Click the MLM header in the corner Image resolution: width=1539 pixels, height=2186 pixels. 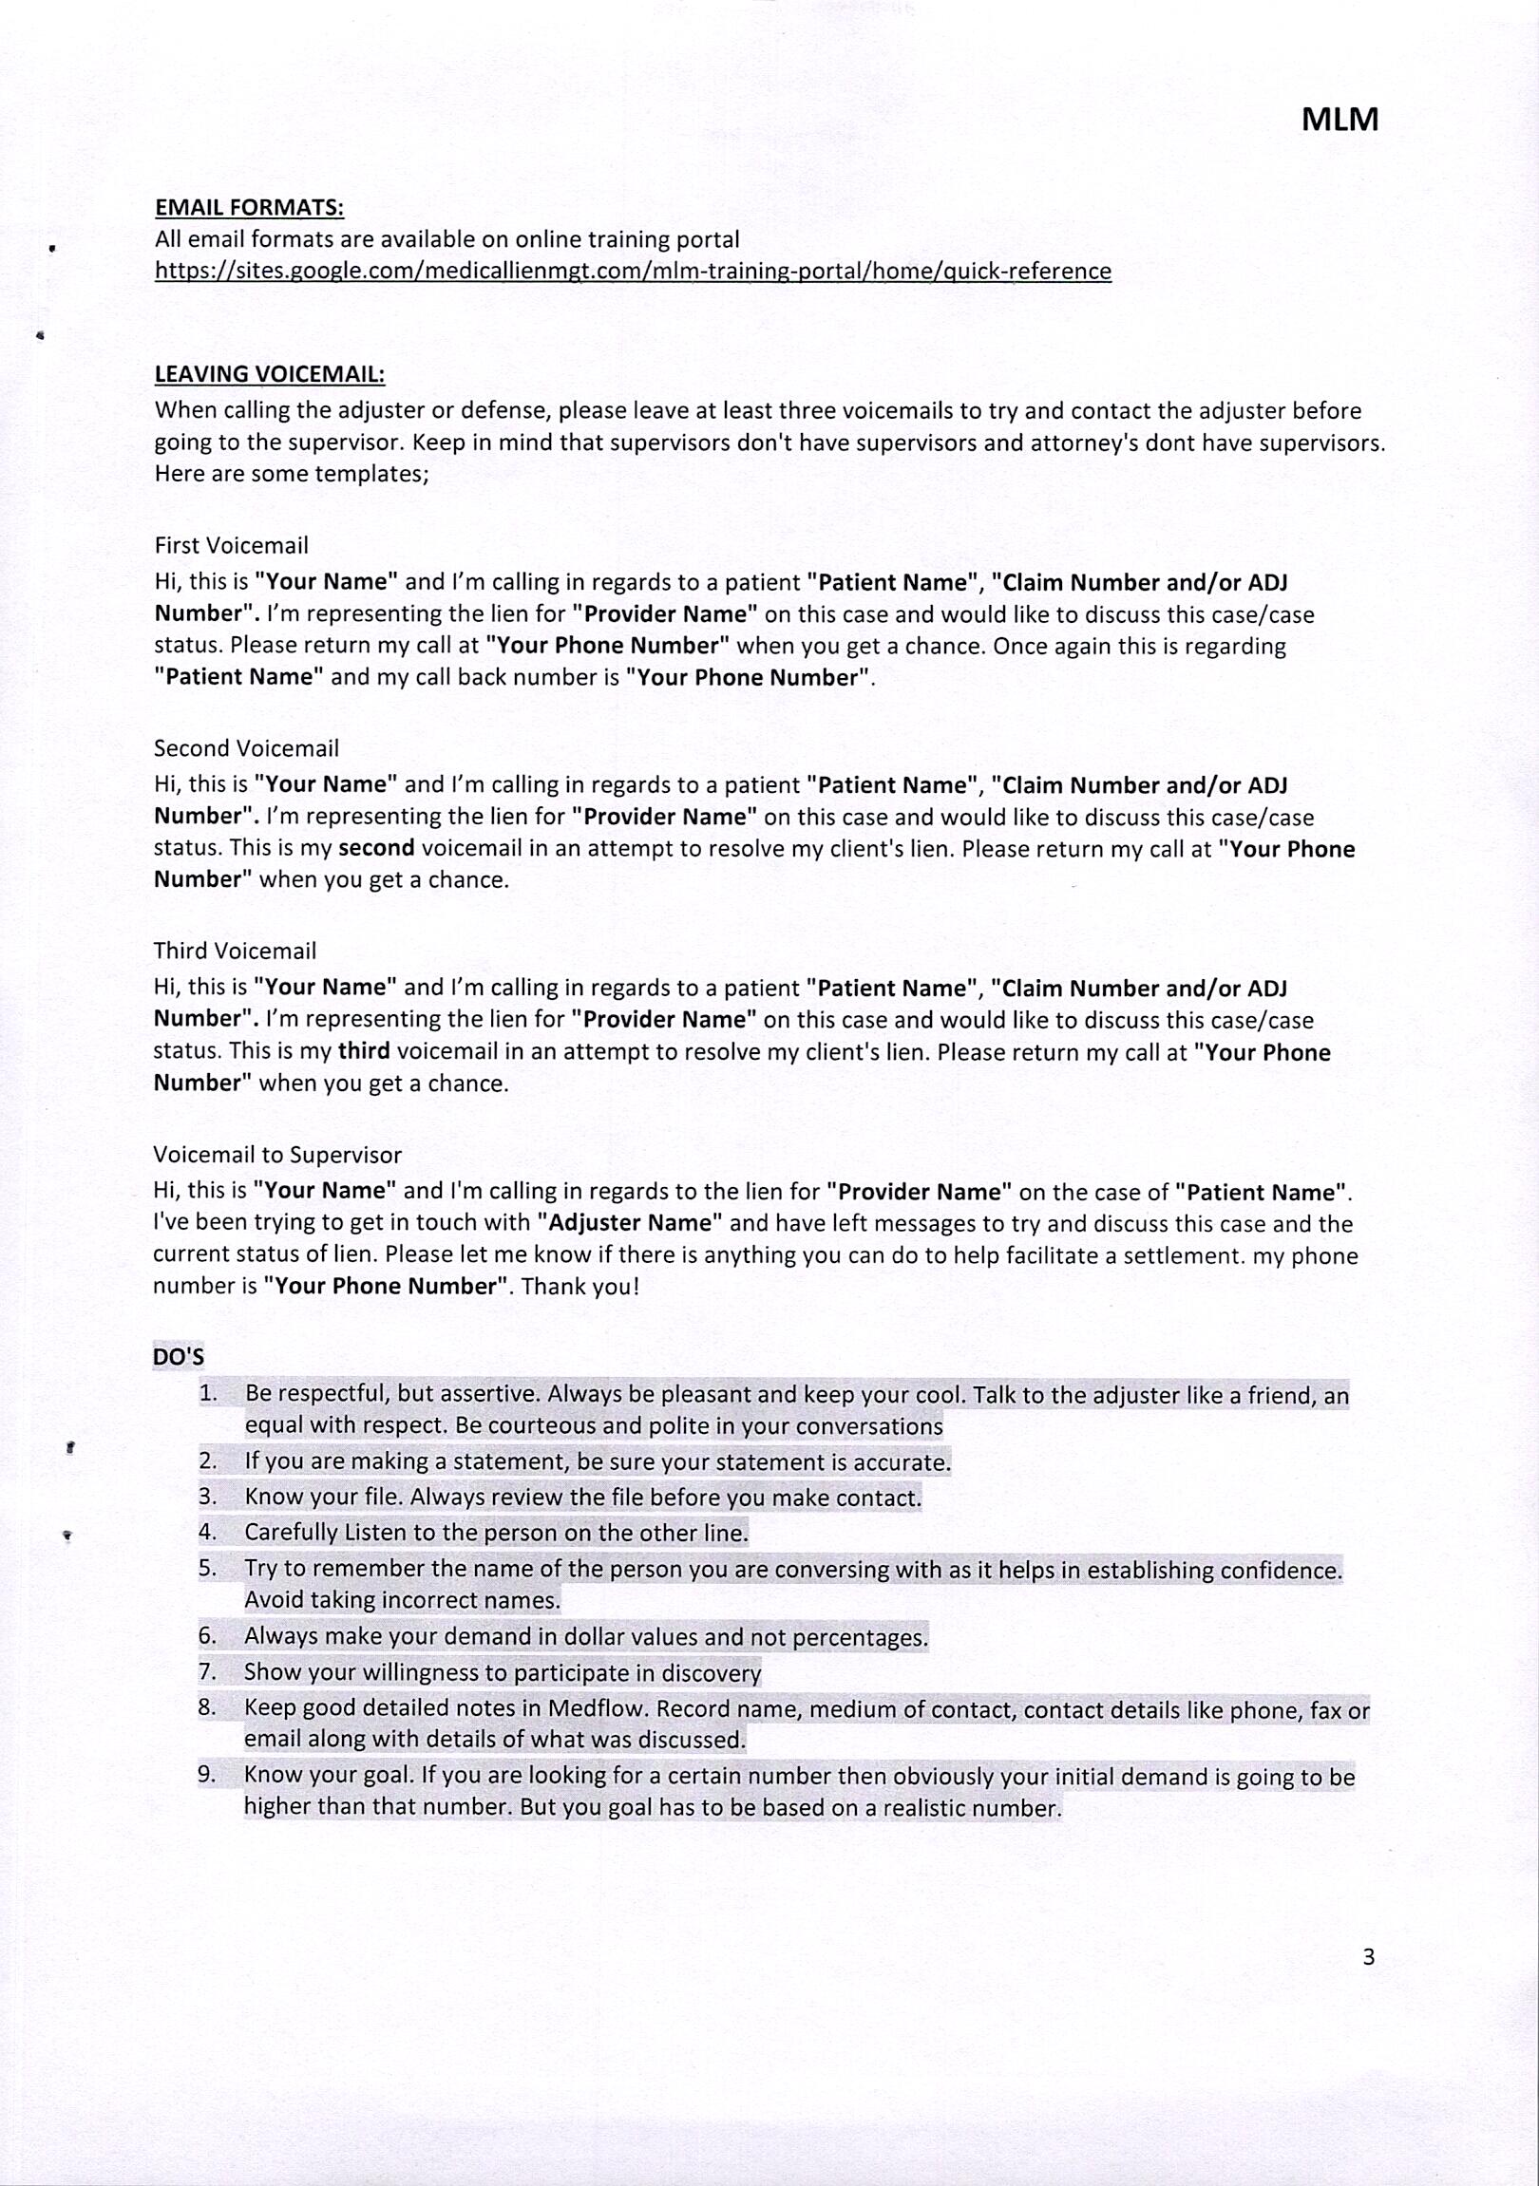tap(1339, 120)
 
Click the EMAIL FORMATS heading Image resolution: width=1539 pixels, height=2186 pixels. tap(249, 208)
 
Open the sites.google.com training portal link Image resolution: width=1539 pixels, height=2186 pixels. tap(633, 272)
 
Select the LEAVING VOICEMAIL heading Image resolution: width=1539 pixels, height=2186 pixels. tap(270, 374)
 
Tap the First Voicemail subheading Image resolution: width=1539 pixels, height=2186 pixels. tap(232, 545)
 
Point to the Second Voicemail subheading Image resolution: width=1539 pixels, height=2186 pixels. tap(246, 748)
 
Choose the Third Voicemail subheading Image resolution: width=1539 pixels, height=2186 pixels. tap(235, 952)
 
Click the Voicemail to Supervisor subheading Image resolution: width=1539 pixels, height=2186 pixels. tap(277, 1155)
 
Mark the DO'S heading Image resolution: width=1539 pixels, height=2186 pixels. tap(178, 1357)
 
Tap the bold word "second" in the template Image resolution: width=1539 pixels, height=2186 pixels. tap(376, 848)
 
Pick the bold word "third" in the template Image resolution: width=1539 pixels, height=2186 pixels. tap(364, 1052)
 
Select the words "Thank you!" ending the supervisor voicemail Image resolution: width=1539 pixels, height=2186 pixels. tap(580, 1287)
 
